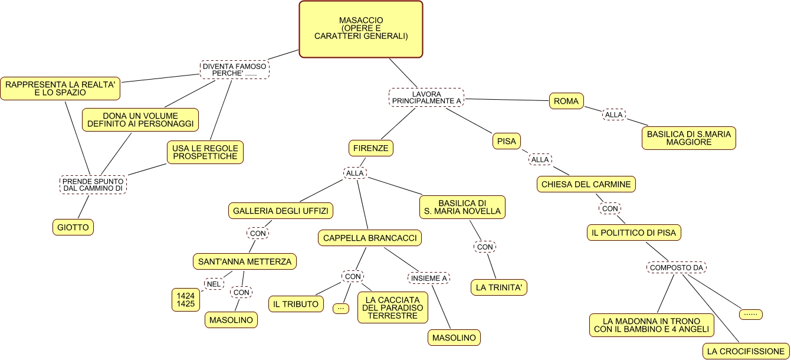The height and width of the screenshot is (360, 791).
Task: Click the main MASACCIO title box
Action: point(361,29)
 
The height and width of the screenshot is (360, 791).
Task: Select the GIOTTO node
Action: point(73,227)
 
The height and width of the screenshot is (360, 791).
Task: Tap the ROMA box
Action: point(566,102)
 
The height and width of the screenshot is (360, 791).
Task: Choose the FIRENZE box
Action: point(370,148)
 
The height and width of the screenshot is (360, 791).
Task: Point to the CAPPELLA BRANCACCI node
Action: point(370,238)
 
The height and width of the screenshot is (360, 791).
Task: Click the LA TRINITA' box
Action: point(498,287)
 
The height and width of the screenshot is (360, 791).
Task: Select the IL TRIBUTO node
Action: point(296,304)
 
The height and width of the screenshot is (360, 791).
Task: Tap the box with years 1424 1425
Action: point(186,299)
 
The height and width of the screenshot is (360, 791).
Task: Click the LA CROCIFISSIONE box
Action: point(746,351)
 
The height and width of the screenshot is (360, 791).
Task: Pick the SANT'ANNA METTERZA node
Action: point(245,261)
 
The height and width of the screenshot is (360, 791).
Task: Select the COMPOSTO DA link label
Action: point(677,268)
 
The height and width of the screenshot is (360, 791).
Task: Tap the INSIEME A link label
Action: point(429,278)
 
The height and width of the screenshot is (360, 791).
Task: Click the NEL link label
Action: point(214,284)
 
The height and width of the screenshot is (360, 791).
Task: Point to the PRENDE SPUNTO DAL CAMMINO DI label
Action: point(93,185)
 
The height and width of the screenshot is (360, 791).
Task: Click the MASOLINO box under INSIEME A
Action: point(454,338)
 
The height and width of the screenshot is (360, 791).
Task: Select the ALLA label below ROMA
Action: point(614,115)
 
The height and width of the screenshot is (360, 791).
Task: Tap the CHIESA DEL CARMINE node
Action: point(586,184)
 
